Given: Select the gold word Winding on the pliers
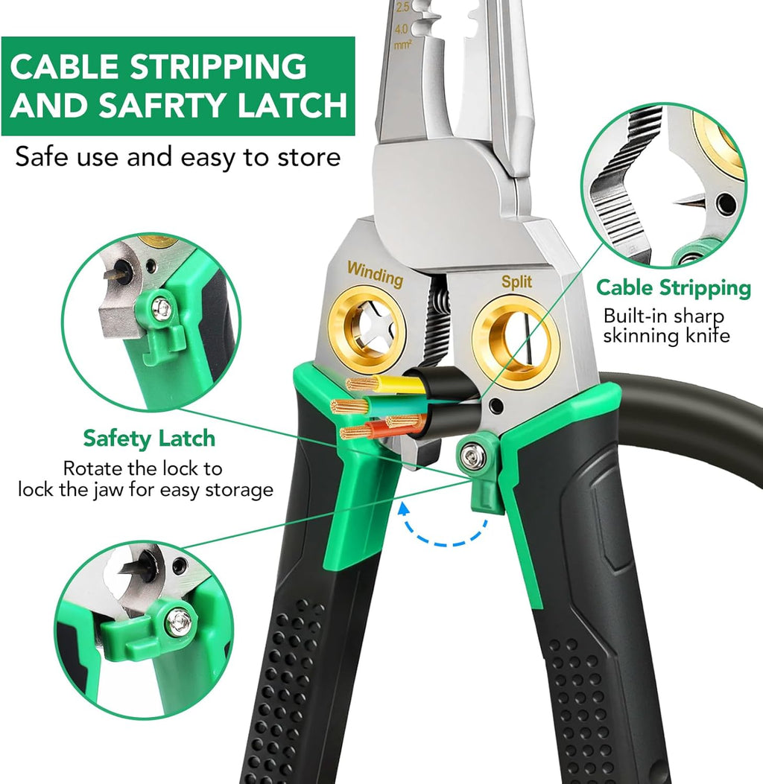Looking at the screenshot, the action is [x=376, y=274].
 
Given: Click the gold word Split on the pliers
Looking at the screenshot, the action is [x=516, y=282].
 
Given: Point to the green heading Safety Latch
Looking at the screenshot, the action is [x=149, y=439].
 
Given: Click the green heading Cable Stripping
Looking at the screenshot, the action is [x=674, y=288].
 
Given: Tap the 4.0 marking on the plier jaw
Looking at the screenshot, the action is [x=402, y=30].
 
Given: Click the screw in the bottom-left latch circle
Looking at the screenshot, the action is [x=179, y=622].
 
